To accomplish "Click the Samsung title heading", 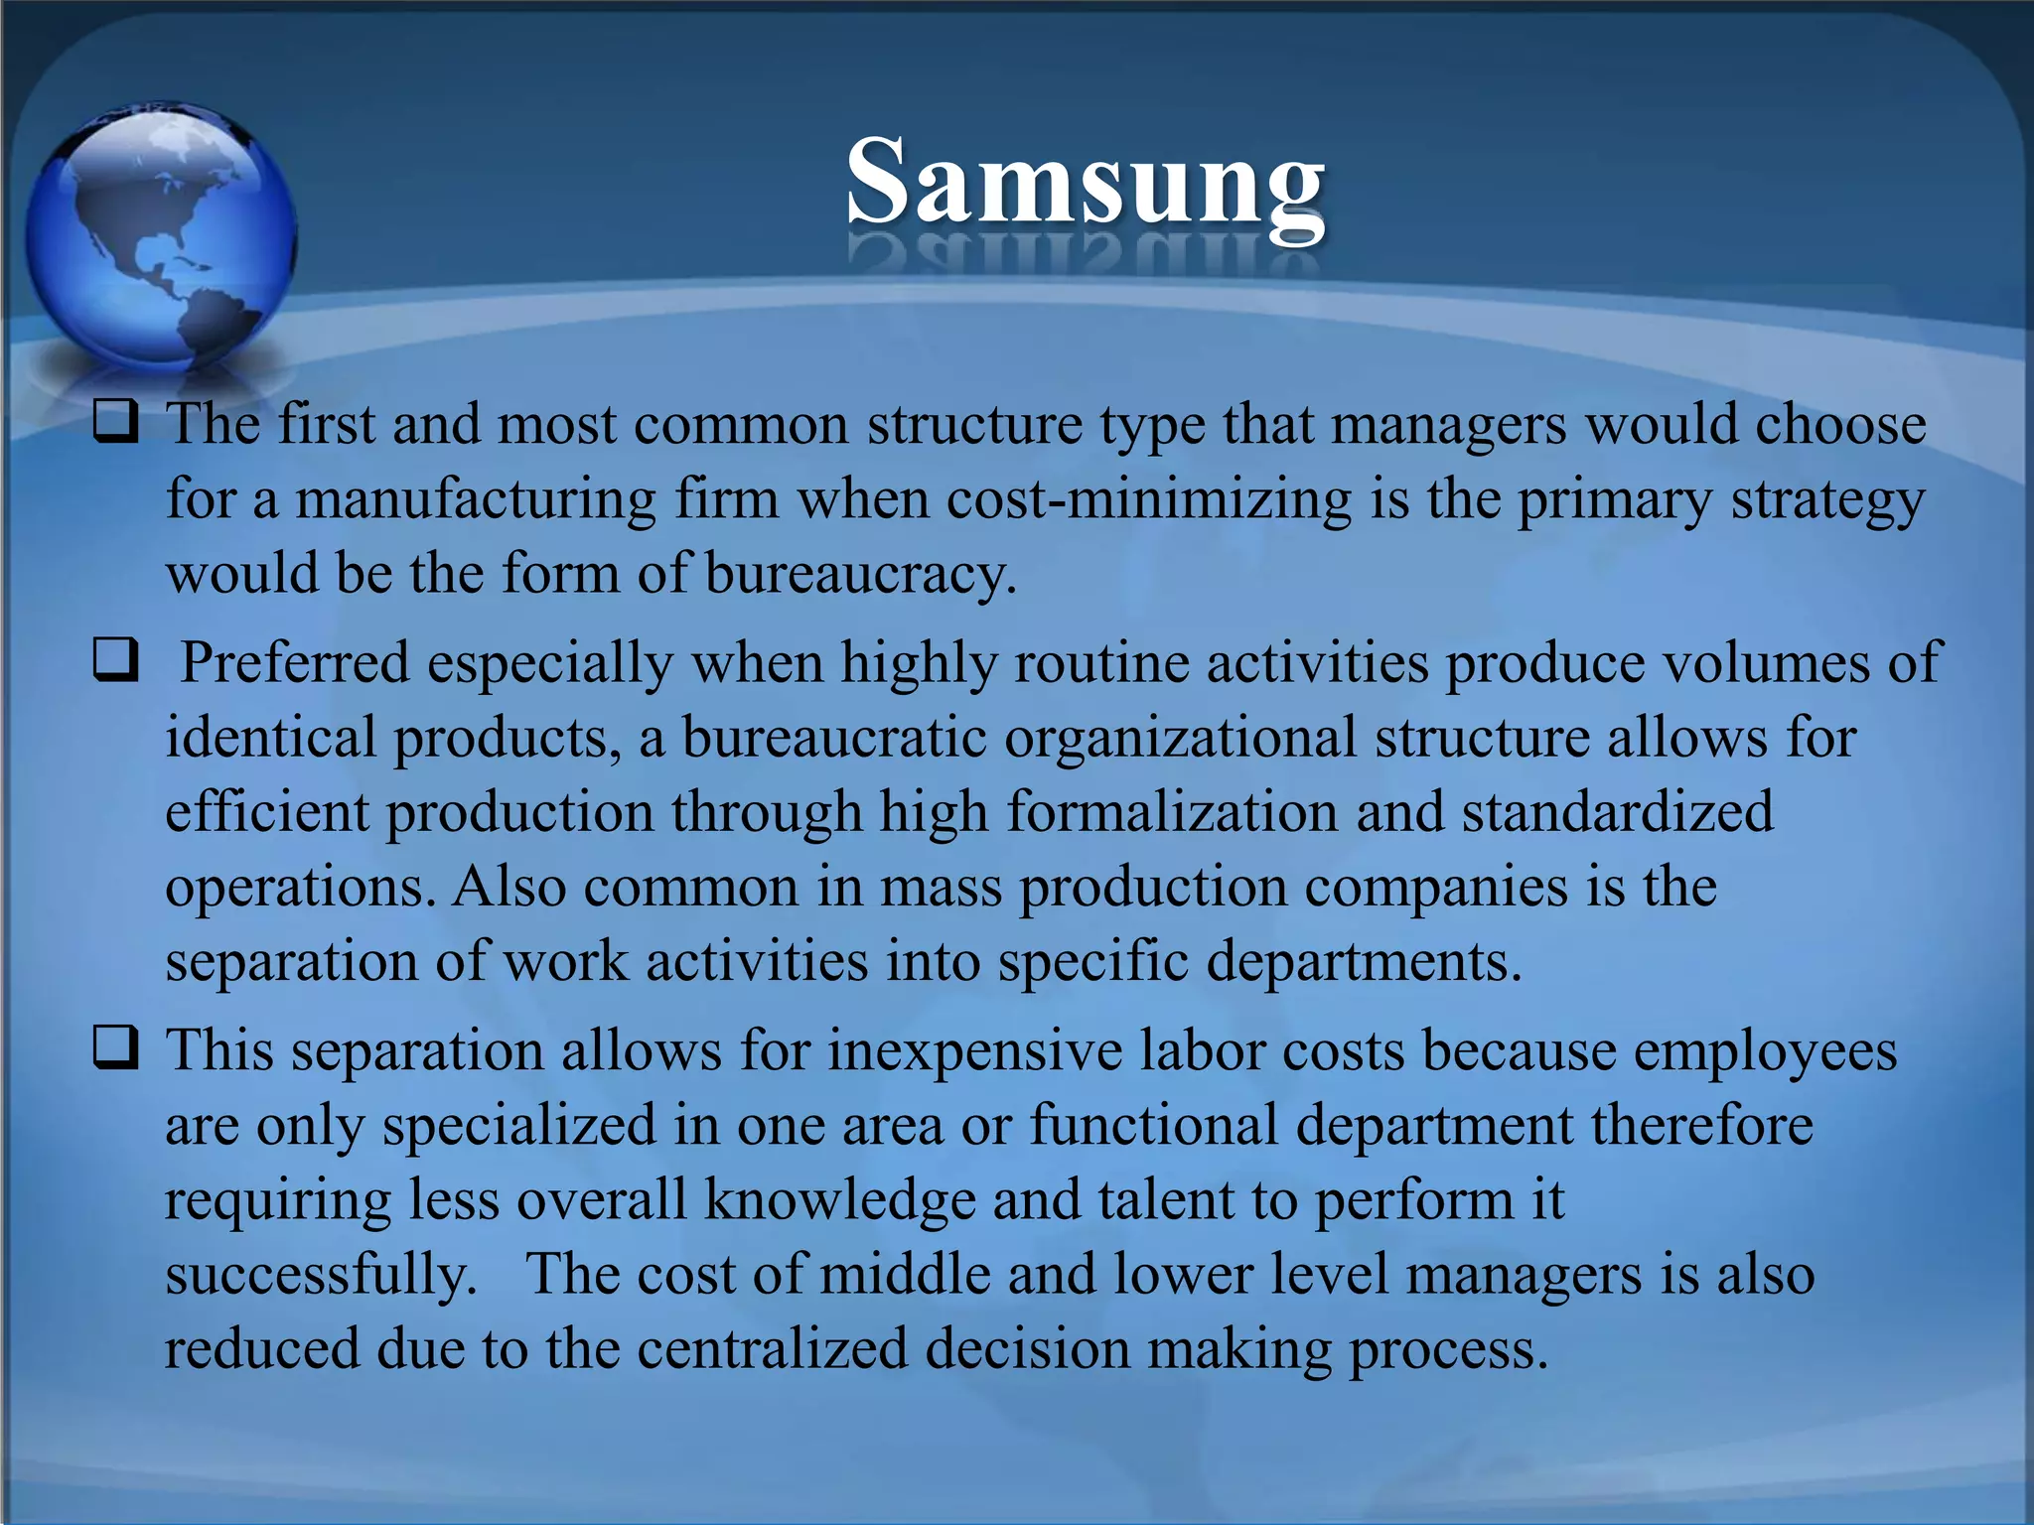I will pyautogui.click(x=1085, y=184).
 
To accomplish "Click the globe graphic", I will pyautogui.click(x=159, y=234).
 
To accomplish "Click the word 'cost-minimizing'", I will pyautogui.click(x=1149, y=498).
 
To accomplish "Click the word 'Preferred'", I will pyautogui.click(x=295, y=662).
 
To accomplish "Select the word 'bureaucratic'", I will pyautogui.click(x=834, y=738).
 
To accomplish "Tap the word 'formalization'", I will pyautogui.click(x=1172, y=812).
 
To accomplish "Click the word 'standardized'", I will pyautogui.click(x=1617, y=812).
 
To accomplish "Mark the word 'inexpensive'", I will pyautogui.click(x=974, y=1050).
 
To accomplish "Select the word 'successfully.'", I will pyautogui.click(x=321, y=1275).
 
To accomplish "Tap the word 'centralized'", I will pyautogui.click(x=772, y=1348).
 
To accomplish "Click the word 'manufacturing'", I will pyautogui.click(x=475, y=498).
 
